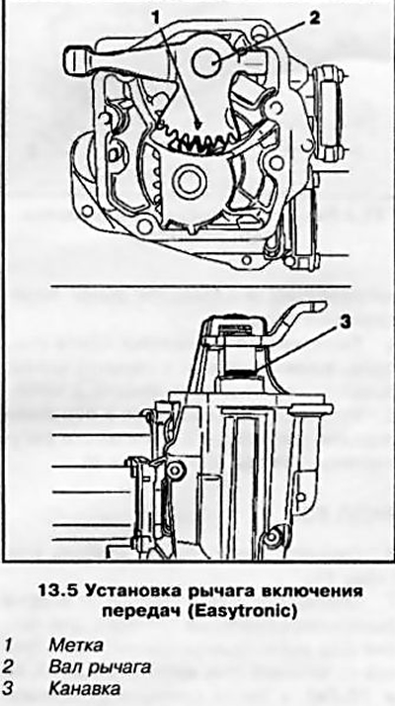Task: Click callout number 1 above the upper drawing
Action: click(156, 18)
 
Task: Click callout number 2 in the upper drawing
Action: click(313, 17)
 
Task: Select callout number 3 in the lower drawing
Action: click(343, 322)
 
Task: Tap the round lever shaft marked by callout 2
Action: click(207, 61)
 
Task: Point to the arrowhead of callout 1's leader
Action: click(197, 124)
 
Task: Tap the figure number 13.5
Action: click(56, 591)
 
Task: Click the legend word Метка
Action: click(75, 646)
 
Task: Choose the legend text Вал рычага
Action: click(99, 667)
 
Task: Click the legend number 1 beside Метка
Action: click(9, 646)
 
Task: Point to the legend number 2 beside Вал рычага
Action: click(9, 667)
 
